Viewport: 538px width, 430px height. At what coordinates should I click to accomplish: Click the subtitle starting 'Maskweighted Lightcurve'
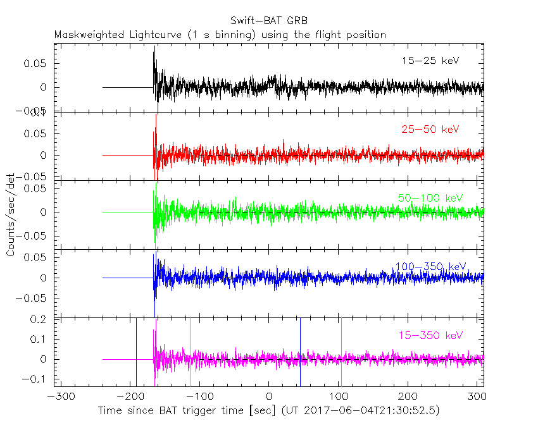tap(220, 35)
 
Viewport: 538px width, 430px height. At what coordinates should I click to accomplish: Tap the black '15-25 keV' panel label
tap(430, 61)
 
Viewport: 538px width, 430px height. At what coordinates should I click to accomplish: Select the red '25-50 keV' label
tap(430, 130)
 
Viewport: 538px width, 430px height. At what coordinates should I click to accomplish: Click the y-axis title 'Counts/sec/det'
tap(11, 216)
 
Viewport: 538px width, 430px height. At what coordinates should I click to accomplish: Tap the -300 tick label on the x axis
tap(59, 398)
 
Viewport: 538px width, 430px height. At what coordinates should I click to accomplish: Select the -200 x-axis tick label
tap(129, 398)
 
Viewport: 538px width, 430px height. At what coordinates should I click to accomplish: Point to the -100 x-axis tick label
tap(199, 398)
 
